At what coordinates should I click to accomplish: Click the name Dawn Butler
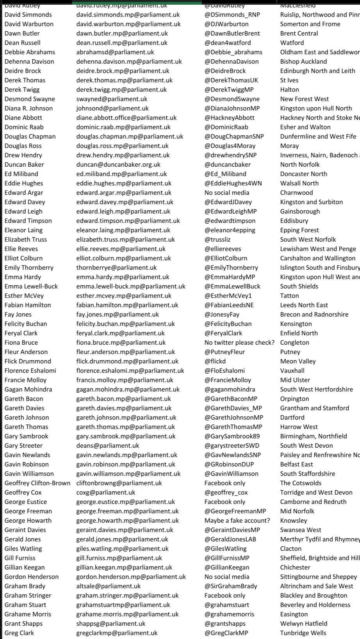pyautogui.click(x=22, y=34)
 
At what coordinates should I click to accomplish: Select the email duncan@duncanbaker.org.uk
pyautogui.click(x=118, y=165)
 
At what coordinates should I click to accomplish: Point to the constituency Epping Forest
pyautogui.click(x=299, y=230)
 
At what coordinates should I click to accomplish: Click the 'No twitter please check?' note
pyautogui.click(x=239, y=343)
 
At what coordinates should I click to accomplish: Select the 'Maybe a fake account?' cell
pyautogui.click(x=237, y=521)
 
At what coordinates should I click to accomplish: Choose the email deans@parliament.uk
pyautogui.click(x=107, y=446)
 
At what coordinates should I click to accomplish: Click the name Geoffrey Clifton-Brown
pyautogui.click(x=37, y=483)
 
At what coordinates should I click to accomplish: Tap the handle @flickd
pyautogui.click(x=215, y=361)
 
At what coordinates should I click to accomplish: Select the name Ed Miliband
pyautogui.click(x=21, y=174)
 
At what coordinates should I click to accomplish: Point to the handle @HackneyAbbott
pyautogui.click(x=230, y=118)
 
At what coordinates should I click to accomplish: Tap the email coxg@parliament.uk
pyautogui.click(x=106, y=493)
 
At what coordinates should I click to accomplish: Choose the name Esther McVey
pyautogui.click(x=24, y=296)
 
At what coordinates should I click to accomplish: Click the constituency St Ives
pyautogui.click(x=289, y=80)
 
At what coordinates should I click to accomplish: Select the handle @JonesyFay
pyautogui.click(x=222, y=315)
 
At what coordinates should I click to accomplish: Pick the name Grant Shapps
pyautogui.click(x=23, y=624)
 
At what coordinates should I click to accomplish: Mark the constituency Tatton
pyautogui.click(x=289, y=296)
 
